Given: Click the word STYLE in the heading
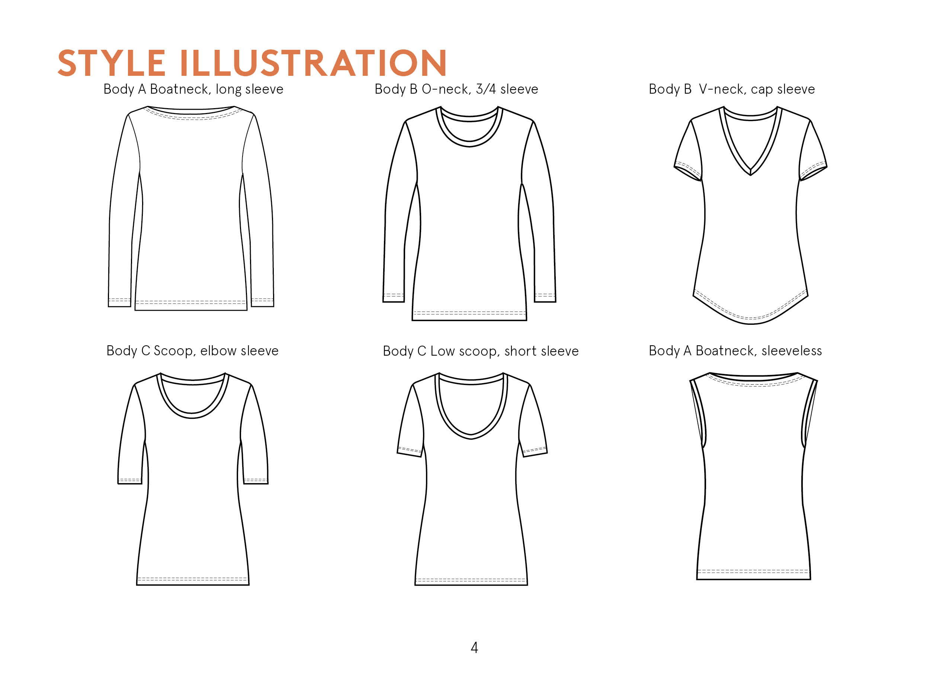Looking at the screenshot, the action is (x=112, y=63).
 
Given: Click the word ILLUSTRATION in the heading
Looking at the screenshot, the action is (x=314, y=63).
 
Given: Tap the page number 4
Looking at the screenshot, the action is (x=474, y=647).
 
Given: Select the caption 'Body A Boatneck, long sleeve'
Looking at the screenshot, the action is (x=193, y=89).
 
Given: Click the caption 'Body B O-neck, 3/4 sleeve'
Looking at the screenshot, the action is (x=456, y=89).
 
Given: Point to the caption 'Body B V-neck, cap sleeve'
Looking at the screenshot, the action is (x=731, y=89).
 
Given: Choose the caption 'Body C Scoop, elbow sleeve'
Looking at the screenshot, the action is (x=192, y=351).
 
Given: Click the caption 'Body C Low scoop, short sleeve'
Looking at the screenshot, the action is (x=481, y=351).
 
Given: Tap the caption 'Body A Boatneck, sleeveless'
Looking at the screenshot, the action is (x=735, y=351).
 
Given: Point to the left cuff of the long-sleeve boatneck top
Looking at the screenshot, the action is (x=119, y=303).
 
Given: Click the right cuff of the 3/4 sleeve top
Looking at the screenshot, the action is (x=545, y=298).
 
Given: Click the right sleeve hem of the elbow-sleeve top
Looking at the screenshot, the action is (x=255, y=481).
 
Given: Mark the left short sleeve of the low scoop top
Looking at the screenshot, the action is (x=411, y=420).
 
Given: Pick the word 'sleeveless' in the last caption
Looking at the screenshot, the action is (x=792, y=351).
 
